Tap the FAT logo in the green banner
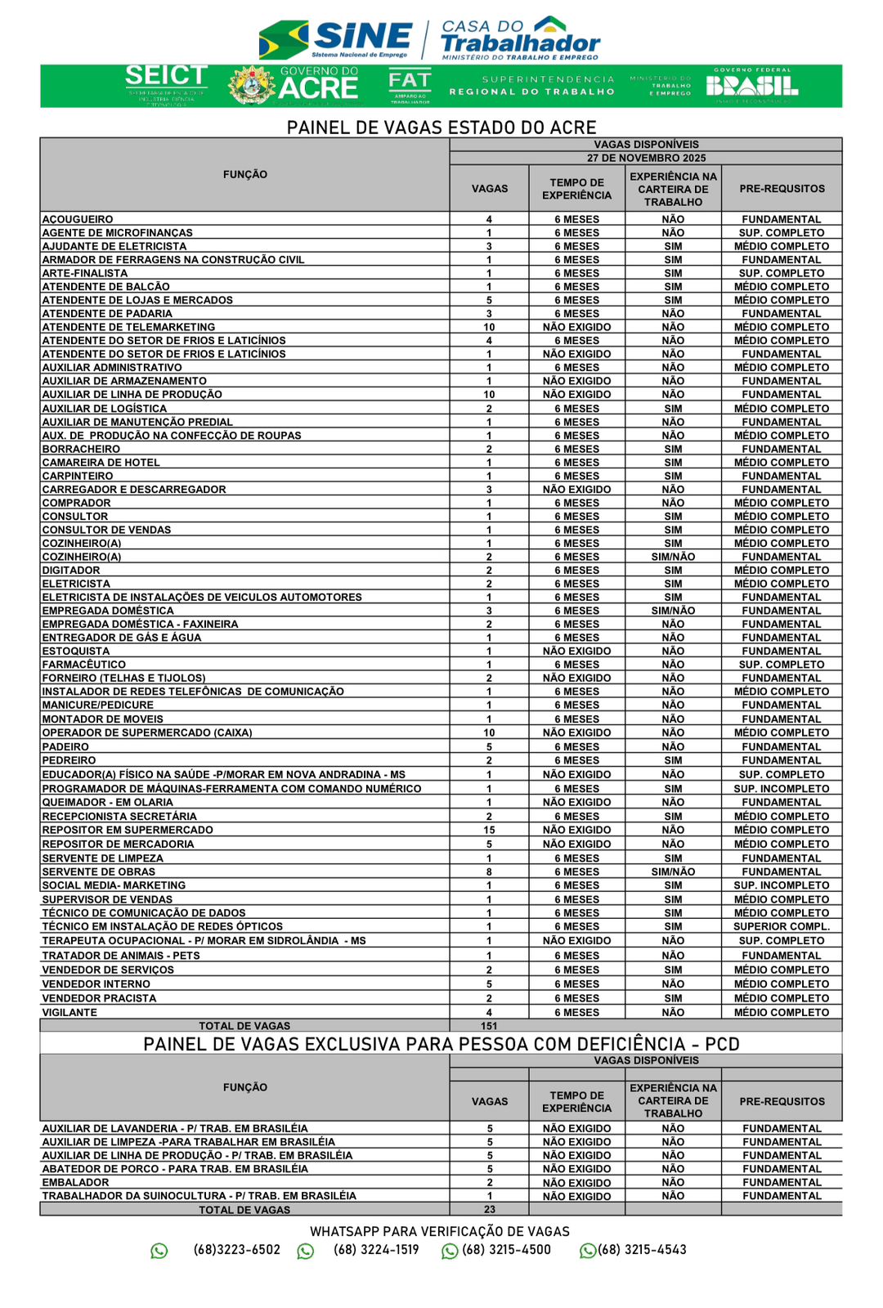410,85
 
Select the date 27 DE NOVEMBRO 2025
646,158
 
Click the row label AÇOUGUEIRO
78,219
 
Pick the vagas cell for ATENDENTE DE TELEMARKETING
489,327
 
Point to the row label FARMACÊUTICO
84,665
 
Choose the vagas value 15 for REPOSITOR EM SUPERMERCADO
489,830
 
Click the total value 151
489,1026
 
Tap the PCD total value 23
489,1209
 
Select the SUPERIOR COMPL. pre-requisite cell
782,926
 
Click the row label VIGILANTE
69,1012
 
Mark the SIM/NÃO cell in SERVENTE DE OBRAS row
673,871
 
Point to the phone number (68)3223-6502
237,1250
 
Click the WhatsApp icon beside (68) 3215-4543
587,1251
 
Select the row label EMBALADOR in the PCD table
75,1182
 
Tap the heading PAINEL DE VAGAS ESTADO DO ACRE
441,128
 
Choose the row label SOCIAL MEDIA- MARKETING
114,885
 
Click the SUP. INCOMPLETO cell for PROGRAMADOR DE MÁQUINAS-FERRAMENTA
782,789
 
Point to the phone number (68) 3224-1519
376,1250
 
